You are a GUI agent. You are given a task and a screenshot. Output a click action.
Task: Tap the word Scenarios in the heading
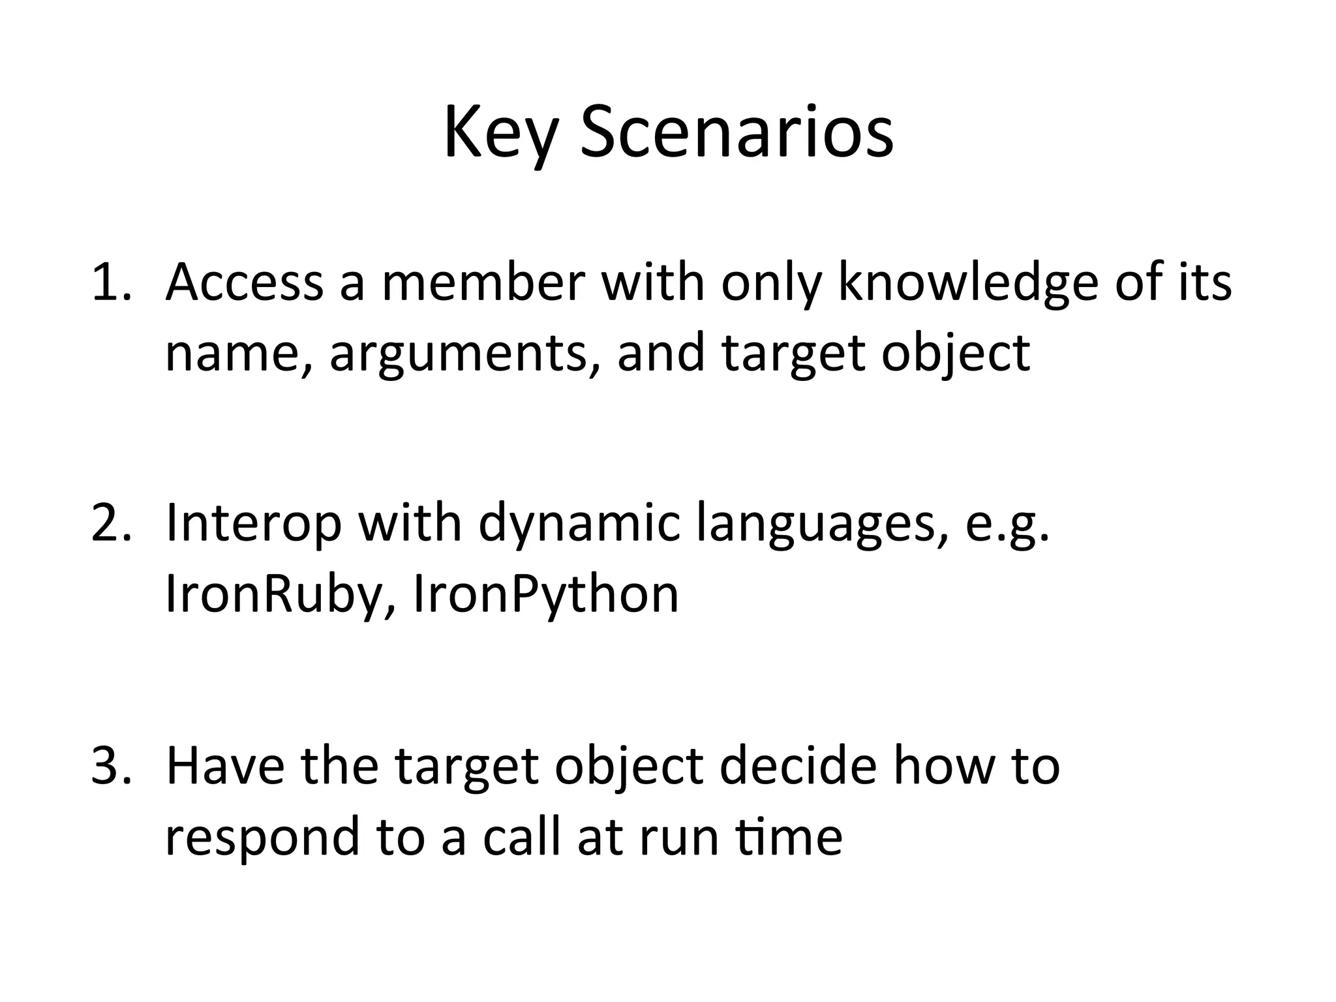tap(737, 134)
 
